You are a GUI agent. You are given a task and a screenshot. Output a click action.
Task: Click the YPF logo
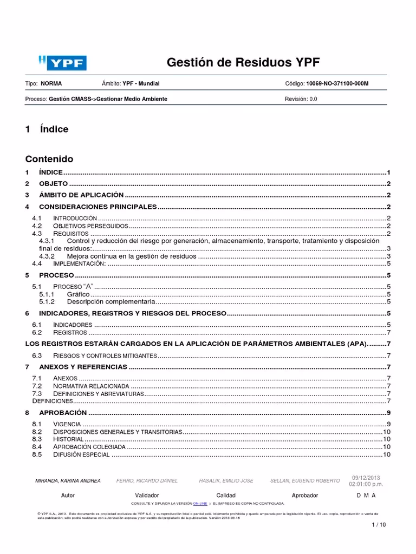(x=62, y=63)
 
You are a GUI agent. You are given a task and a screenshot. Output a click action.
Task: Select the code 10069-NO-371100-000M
(x=338, y=84)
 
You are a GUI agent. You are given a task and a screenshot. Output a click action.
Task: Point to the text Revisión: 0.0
(x=301, y=99)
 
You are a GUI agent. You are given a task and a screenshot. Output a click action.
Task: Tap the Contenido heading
(x=49, y=159)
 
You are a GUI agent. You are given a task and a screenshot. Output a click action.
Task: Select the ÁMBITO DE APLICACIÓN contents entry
(x=81, y=195)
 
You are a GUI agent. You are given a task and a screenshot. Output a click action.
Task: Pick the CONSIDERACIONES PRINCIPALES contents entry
(x=97, y=207)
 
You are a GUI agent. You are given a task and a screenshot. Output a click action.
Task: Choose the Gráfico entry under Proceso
(x=79, y=294)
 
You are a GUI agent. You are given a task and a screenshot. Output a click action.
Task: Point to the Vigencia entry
(x=67, y=424)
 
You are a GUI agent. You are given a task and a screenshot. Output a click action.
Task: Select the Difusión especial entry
(x=82, y=455)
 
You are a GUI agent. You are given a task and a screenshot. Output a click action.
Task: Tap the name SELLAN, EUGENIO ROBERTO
(x=305, y=481)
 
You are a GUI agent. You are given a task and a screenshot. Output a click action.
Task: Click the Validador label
(x=147, y=496)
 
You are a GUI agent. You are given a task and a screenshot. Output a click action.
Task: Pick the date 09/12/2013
(x=367, y=478)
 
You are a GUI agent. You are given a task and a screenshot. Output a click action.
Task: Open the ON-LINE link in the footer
(x=200, y=503)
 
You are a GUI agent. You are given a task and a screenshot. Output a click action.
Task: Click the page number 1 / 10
(x=378, y=525)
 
